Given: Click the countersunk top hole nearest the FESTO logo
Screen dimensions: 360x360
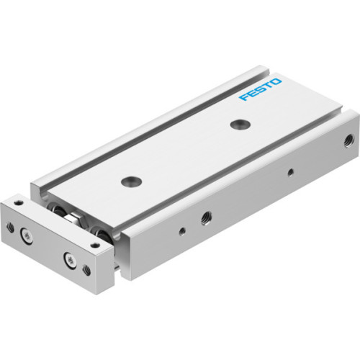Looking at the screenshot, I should coord(237,125).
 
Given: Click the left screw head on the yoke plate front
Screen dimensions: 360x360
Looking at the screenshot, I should coord(27,234).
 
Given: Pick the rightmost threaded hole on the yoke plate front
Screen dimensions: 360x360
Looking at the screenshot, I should coord(86,271).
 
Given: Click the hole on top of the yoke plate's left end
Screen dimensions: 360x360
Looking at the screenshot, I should coord(17,207).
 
